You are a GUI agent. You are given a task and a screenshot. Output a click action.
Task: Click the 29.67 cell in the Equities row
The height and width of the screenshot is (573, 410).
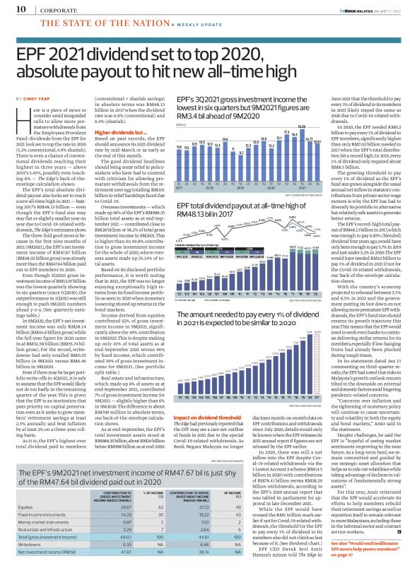pyautogui.click(x=126, y=488)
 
